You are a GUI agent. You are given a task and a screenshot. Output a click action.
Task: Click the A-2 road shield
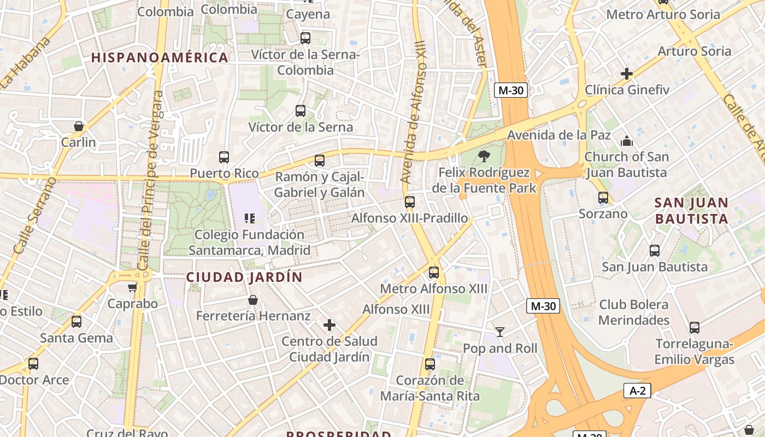tap(637, 391)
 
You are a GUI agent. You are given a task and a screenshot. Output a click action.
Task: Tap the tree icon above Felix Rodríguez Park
tap(484, 157)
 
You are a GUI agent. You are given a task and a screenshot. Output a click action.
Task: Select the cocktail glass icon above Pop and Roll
tap(500, 332)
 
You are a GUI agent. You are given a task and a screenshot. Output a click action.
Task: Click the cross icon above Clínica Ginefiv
tap(627, 73)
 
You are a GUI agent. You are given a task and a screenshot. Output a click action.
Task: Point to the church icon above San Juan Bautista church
tap(626, 141)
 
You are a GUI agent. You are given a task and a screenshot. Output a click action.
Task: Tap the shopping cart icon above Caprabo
tap(132, 287)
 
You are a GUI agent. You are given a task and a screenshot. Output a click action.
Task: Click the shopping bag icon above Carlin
tap(79, 126)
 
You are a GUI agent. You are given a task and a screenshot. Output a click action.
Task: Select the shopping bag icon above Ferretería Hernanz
tap(252, 299)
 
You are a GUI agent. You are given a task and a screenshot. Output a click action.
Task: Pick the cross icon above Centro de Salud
tap(329, 325)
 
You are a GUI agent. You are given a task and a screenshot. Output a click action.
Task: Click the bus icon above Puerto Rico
tap(224, 157)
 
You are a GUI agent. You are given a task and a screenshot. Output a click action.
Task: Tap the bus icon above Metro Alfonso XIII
tap(433, 272)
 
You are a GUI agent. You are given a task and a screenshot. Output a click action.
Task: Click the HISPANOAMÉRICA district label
tap(160, 57)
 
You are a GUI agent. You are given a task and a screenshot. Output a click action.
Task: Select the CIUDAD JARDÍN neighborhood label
tap(244, 277)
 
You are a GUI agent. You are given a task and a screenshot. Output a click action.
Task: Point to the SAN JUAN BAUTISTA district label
tap(691, 211)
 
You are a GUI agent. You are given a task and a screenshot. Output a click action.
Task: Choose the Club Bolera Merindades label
tap(634, 312)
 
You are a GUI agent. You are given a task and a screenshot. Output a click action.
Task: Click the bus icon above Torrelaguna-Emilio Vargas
tap(694, 328)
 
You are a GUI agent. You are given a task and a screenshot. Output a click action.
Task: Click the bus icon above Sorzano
tap(603, 198)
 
